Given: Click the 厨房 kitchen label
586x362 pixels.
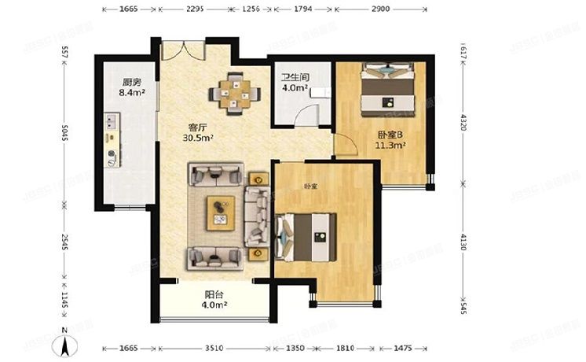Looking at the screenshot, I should tap(131, 81).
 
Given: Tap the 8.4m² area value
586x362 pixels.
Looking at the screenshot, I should tap(131, 92).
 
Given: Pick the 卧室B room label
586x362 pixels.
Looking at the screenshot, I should tap(390, 133).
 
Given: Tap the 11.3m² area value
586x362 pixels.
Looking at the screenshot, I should tap(390, 145).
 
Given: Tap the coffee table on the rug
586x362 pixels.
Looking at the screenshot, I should tap(221, 212).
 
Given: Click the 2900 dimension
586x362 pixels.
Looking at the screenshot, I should tap(380, 9).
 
